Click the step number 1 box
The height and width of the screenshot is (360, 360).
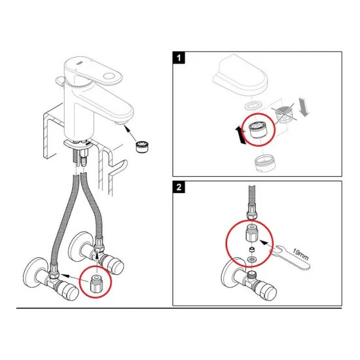179,58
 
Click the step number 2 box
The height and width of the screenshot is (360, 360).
179,187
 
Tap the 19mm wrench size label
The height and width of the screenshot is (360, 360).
300,255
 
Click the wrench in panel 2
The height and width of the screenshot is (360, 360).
291,257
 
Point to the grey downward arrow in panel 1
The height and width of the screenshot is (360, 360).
304,107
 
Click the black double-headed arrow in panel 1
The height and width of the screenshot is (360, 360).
240,135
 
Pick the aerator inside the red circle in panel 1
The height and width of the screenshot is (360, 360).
258,130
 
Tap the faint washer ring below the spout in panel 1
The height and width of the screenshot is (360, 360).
253,105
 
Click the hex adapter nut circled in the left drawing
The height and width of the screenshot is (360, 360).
96,283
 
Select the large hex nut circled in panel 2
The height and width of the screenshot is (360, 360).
251,234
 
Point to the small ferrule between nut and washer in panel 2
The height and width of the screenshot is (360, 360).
252,249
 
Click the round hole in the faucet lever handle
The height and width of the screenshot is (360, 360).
109,76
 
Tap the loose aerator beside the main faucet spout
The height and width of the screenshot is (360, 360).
142,147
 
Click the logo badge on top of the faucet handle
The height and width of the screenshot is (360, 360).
79,62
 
